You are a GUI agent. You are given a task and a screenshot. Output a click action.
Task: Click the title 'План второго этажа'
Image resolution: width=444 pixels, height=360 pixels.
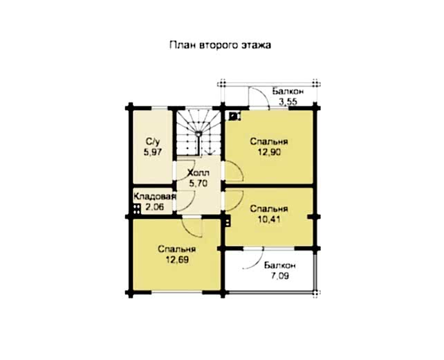coord(221,46)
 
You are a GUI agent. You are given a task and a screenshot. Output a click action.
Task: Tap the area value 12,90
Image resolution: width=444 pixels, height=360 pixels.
coord(269,152)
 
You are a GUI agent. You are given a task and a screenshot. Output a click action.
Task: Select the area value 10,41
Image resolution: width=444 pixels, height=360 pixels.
coord(269,219)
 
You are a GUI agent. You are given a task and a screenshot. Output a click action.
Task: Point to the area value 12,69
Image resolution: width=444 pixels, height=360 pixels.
coord(178,260)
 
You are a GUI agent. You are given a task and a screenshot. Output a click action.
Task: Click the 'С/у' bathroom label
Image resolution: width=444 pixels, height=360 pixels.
coord(153,141)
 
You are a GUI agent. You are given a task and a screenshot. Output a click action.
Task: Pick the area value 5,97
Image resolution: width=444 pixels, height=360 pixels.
coord(153,152)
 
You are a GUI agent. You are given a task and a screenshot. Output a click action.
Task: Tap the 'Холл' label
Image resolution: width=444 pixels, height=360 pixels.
coord(198,172)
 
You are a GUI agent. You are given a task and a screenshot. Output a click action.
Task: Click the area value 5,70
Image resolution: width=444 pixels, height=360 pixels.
coord(198,183)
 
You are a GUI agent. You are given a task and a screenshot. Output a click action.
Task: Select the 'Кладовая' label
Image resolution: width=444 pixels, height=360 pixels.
coord(155,197)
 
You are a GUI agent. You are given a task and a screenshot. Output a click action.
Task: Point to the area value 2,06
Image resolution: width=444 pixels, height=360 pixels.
coord(155,207)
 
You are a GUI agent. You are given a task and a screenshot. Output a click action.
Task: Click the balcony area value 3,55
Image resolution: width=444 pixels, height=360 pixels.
coord(288,102)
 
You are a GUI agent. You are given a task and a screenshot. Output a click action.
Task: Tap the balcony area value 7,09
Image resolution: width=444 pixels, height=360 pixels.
coord(280,276)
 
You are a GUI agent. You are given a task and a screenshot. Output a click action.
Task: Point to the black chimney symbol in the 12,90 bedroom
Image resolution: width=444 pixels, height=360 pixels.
coord(234,116)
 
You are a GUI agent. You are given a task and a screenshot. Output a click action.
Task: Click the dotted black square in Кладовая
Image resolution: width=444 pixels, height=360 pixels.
coord(137,209)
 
